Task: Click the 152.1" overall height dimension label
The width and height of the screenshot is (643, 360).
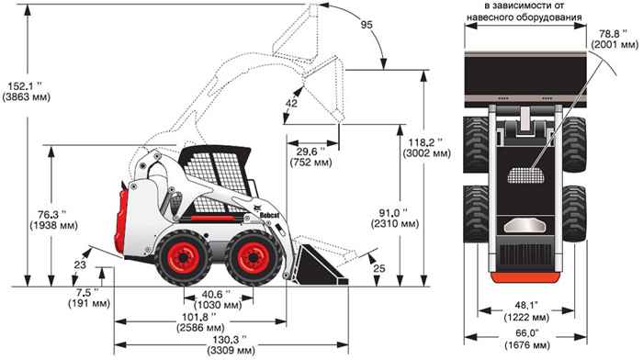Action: (x=27, y=92)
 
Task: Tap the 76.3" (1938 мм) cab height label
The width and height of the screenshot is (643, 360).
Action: (x=53, y=220)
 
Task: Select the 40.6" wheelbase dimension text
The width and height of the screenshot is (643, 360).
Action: (x=216, y=295)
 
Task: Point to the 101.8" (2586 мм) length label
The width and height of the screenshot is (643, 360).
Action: (x=201, y=322)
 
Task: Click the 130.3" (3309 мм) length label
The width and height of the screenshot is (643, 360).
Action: (x=231, y=345)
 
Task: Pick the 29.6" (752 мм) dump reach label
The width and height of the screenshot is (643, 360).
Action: (x=311, y=157)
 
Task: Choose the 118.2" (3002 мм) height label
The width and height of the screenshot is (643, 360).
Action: (x=426, y=148)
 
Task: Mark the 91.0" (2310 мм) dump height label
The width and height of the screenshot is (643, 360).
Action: (x=395, y=219)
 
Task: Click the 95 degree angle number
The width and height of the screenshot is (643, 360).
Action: (x=367, y=25)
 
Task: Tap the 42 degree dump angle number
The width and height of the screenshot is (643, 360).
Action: (x=291, y=104)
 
